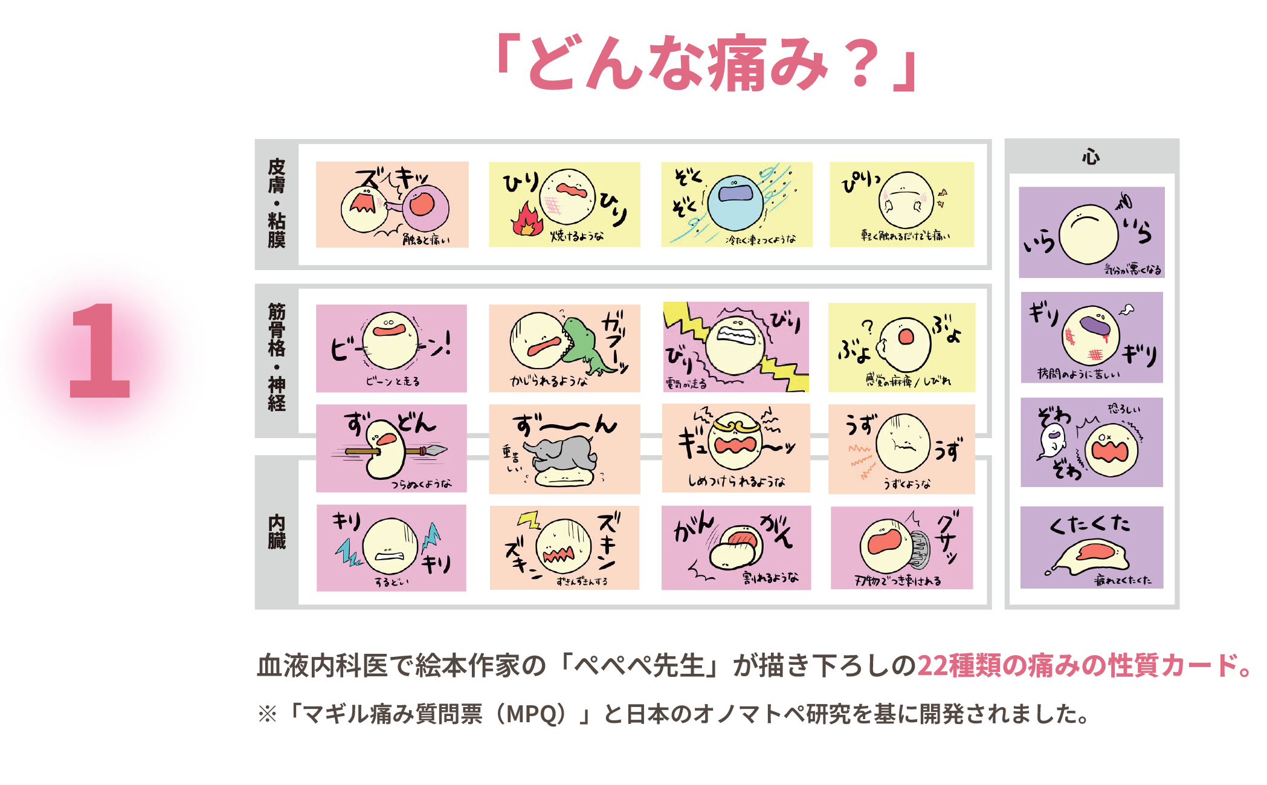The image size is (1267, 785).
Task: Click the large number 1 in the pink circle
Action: [x=100, y=351]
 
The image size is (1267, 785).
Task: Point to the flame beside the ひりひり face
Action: [x=527, y=220]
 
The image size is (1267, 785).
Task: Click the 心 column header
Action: [x=1091, y=157]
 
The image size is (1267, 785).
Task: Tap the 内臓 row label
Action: [x=277, y=532]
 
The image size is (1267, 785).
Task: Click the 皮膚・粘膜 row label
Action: [x=277, y=204]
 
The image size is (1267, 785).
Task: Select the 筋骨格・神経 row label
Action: [x=277, y=358]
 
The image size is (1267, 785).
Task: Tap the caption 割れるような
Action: [x=770, y=578]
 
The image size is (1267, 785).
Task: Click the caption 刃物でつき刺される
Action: [x=898, y=581]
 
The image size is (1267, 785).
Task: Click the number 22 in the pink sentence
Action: [x=932, y=665]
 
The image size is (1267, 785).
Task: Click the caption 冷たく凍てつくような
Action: [x=761, y=240]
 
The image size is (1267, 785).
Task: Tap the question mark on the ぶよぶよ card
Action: [x=868, y=327]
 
